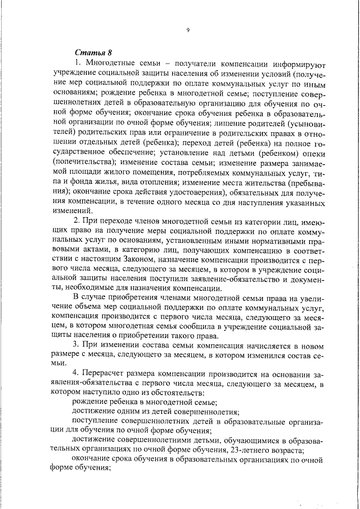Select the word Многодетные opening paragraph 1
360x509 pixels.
113,62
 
